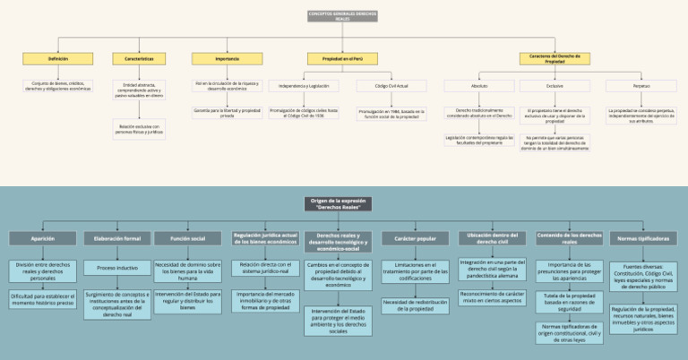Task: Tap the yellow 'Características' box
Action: (x=138, y=58)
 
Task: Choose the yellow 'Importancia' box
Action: (x=215, y=58)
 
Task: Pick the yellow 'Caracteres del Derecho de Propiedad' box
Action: (x=555, y=58)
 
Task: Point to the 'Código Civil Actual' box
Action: (x=388, y=86)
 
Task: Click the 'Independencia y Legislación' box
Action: (x=303, y=86)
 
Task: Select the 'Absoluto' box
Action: (x=479, y=86)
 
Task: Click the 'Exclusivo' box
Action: (x=555, y=86)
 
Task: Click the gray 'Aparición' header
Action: (x=42, y=239)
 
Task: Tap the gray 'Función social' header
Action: (x=187, y=239)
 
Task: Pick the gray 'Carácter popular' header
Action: (x=415, y=239)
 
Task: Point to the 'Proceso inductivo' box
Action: (x=117, y=268)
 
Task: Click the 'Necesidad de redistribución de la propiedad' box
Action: (x=415, y=305)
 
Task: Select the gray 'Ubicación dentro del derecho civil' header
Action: (x=491, y=238)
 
